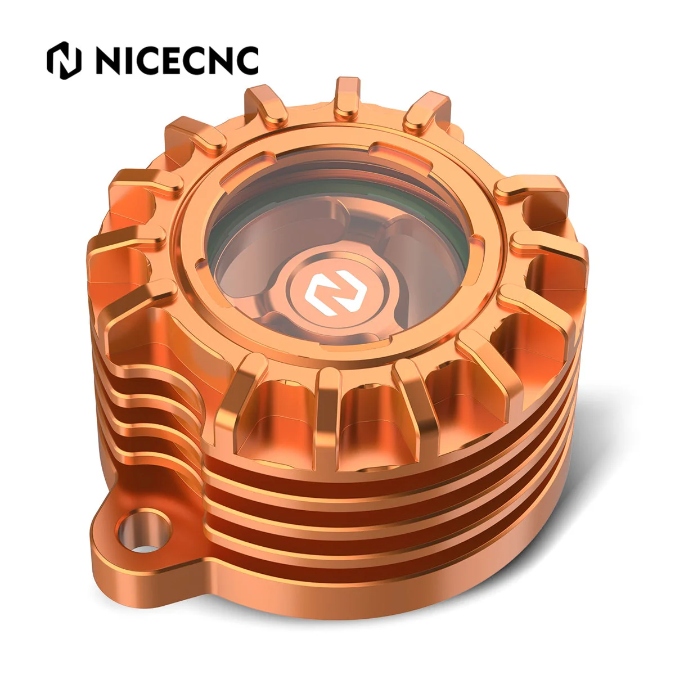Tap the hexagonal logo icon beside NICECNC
pos(64,60)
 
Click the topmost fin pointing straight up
pos(347,99)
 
